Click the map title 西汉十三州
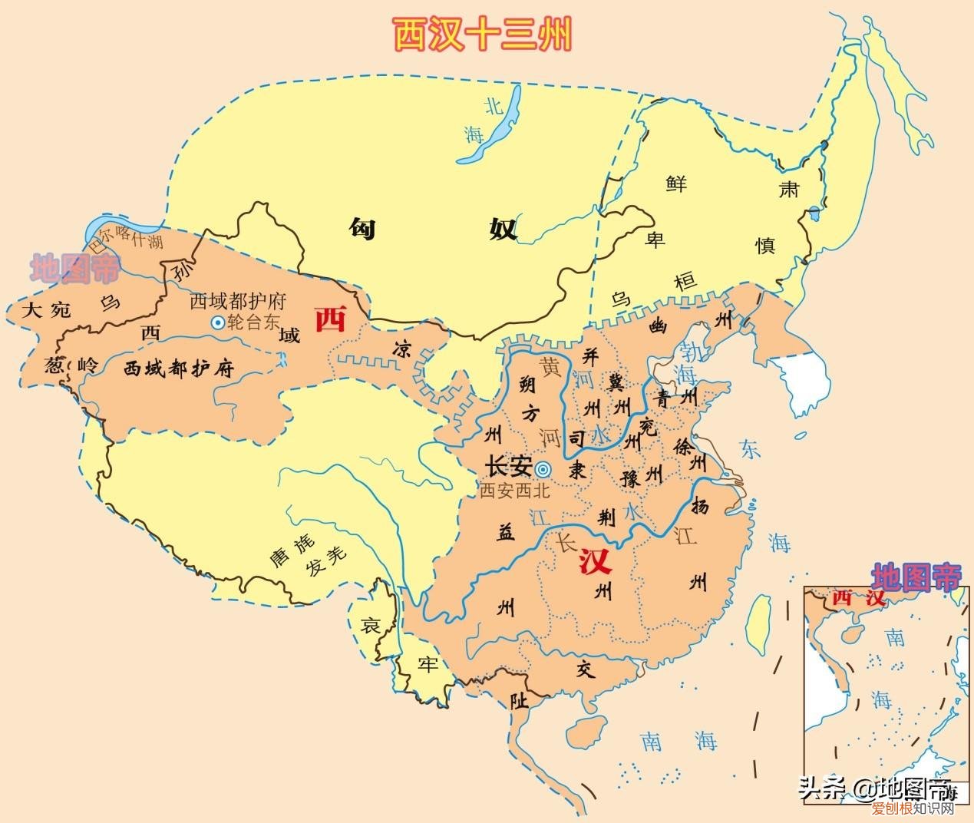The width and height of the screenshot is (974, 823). (483, 35)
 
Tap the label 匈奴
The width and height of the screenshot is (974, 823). (434, 228)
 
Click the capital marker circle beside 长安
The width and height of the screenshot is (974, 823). (543, 469)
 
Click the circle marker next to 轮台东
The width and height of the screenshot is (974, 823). (218, 323)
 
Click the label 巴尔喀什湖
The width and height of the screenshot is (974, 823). (127, 238)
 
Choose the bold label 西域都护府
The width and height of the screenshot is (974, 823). (178, 369)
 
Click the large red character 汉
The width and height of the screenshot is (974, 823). (596, 563)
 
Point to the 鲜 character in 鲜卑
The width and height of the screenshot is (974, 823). (676, 183)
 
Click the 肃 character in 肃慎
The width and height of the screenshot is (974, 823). (788, 189)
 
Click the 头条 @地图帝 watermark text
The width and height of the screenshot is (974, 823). (875, 788)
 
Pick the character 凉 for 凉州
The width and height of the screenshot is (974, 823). (401, 349)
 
